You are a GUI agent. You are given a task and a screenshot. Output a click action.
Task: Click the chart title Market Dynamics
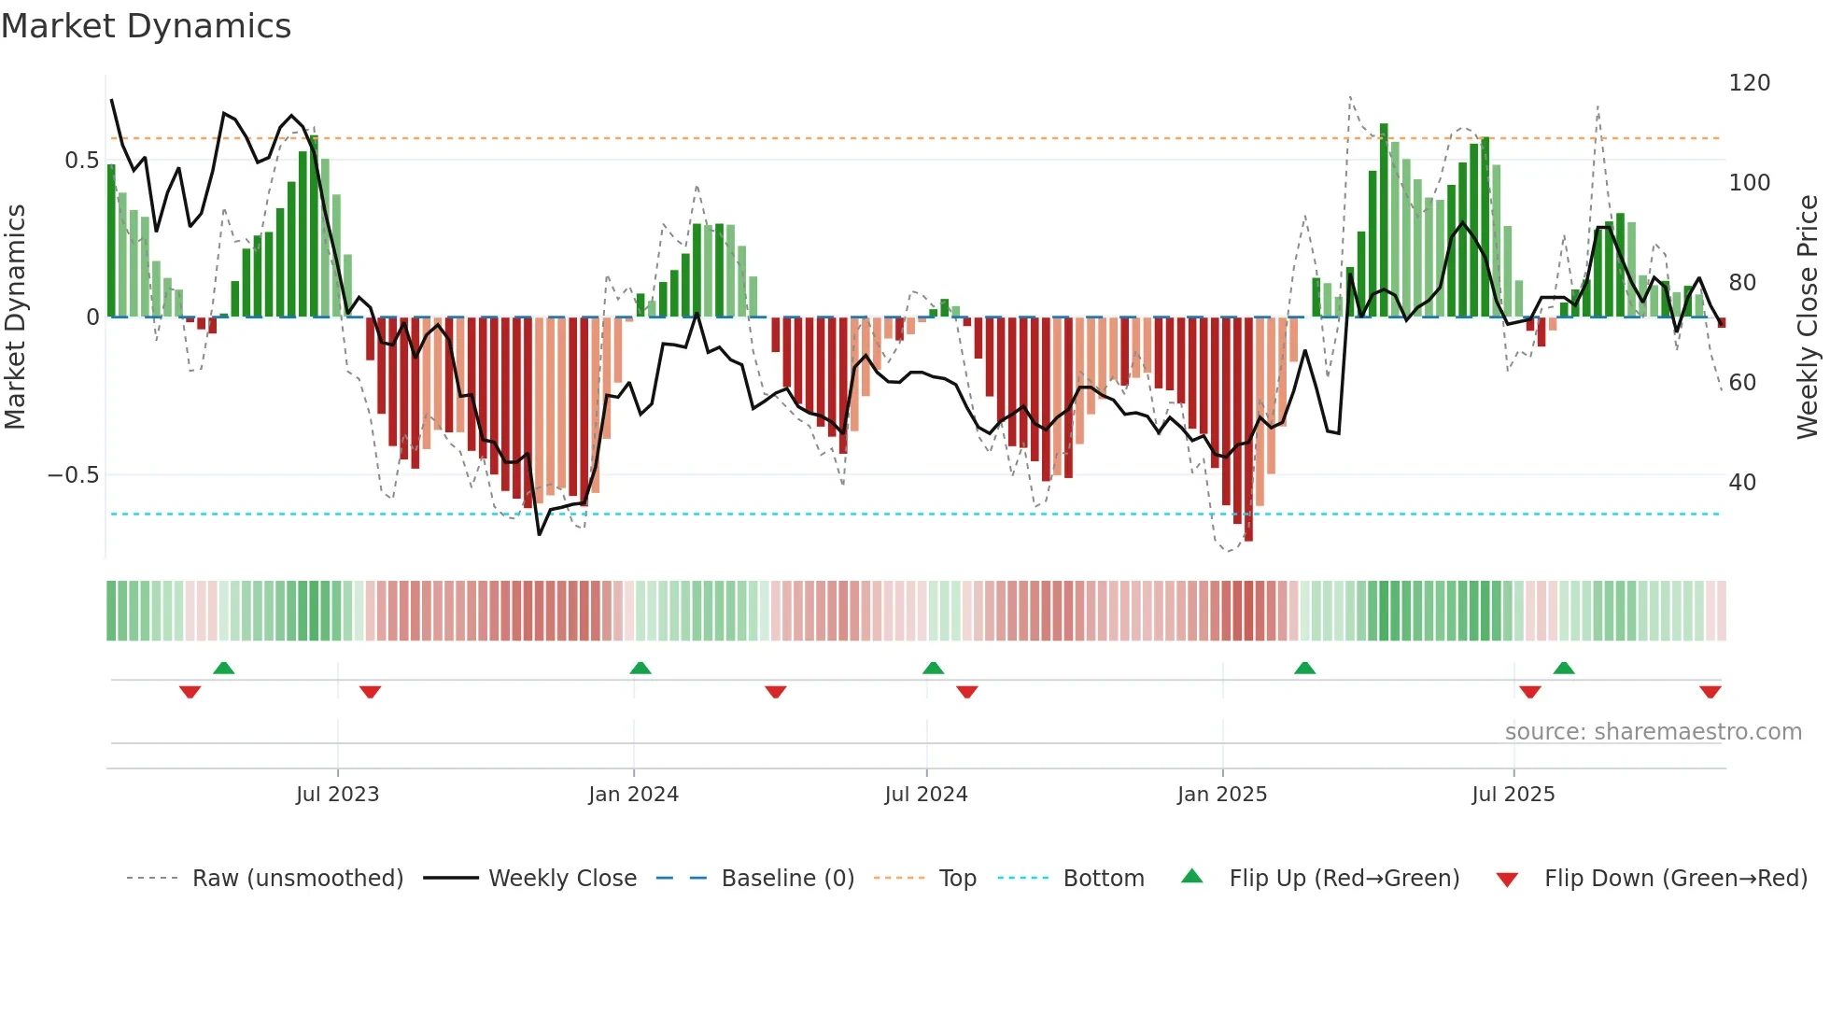[x=146, y=26]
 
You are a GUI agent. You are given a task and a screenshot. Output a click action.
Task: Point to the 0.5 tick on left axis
[x=81, y=161]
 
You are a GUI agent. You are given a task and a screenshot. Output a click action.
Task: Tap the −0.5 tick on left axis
[x=73, y=475]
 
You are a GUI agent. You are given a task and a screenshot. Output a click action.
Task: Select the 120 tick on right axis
[x=1749, y=83]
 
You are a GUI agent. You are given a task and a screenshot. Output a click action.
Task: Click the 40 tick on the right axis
[x=1742, y=483]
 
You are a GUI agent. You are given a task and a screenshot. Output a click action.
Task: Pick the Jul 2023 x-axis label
[x=337, y=795]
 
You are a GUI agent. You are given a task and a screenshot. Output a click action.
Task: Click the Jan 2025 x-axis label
[x=1221, y=795]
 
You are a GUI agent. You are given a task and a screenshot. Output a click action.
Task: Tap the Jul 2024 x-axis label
[x=925, y=795]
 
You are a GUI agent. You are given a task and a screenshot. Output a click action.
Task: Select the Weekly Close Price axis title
[x=1808, y=317]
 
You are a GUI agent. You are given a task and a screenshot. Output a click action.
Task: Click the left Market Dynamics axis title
[x=15, y=317]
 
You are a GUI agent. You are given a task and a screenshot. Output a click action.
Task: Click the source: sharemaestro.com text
[x=1653, y=732]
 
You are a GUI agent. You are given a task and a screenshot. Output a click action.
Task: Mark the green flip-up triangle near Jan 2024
[x=640, y=669]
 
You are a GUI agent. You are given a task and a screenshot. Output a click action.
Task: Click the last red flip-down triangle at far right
[x=1710, y=692]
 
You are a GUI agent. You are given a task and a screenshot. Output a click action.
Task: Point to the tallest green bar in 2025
[x=1384, y=219]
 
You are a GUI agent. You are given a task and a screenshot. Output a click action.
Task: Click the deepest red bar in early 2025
[x=1248, y=430]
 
